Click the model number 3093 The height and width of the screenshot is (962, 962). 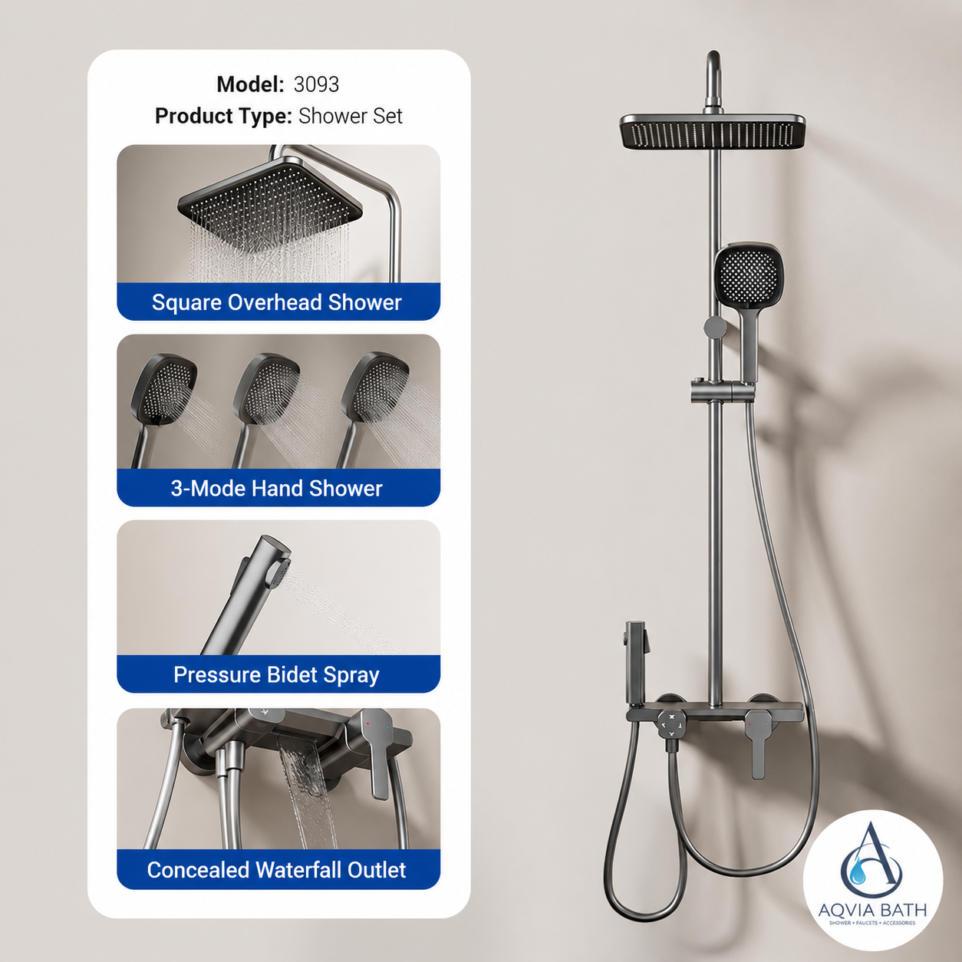pos(316,84)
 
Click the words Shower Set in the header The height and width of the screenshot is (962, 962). pos(351,117)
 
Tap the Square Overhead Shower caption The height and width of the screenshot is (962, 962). pos(277,302)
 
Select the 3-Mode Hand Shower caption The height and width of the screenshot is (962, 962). pos(277,488)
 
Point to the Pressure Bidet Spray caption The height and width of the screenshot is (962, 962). pos(277,674)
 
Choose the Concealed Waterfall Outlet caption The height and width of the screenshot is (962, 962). pos(277,870)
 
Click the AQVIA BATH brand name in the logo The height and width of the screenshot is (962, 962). pos(872,910)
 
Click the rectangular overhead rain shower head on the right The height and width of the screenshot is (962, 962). pos(713,132)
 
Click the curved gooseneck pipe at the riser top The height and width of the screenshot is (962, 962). pos(714,77)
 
